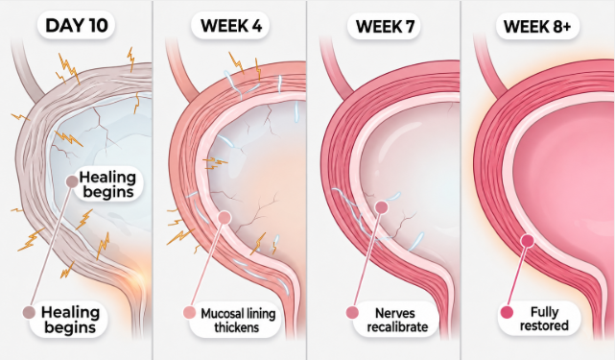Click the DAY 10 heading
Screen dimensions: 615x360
coord(76,26)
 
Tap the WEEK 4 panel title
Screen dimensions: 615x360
coord(230,26)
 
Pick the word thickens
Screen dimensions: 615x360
coord(237,327)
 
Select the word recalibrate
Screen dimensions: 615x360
coord(397,327)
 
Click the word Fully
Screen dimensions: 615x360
coord(544,312)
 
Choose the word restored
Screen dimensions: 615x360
coord(544,325)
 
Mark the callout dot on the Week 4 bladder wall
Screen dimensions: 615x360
coord(224,217)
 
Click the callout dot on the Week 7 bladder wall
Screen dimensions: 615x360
coord(381,207)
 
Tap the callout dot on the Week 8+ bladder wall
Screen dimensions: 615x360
coord(528,241)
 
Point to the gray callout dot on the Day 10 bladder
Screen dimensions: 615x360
coord(72,181)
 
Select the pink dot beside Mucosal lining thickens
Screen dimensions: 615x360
coord(189,313)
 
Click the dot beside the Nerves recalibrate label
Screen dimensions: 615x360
coord(352,313)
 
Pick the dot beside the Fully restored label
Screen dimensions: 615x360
coord(507,313)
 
